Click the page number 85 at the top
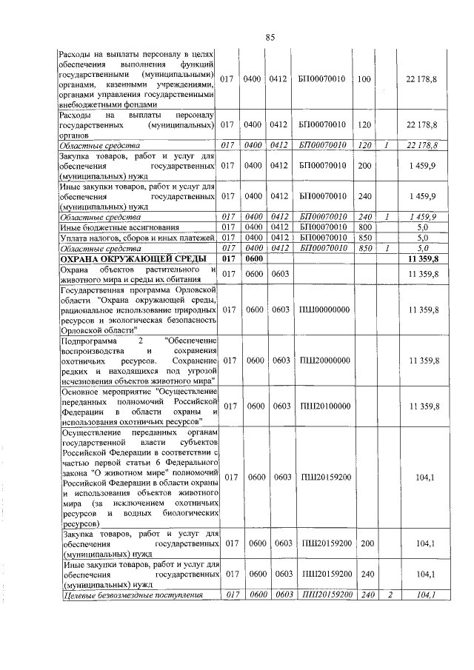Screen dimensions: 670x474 (x=270, y=38)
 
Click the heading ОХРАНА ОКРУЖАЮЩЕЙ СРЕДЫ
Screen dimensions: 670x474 (x=126, y=258)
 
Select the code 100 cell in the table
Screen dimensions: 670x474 (x=364, y=80)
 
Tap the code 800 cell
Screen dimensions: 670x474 (x=364, y=227)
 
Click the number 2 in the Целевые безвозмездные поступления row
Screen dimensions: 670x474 (x=388, y=594)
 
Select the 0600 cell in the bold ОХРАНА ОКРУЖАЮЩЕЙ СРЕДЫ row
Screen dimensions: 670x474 (x=253, y=258)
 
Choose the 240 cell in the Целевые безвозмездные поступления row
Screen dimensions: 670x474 (x=364, y=594)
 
